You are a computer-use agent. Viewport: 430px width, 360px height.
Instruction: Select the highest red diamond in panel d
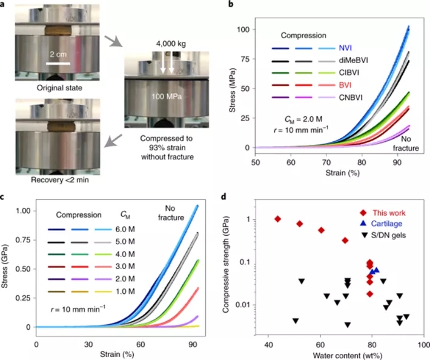coord(277,219)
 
